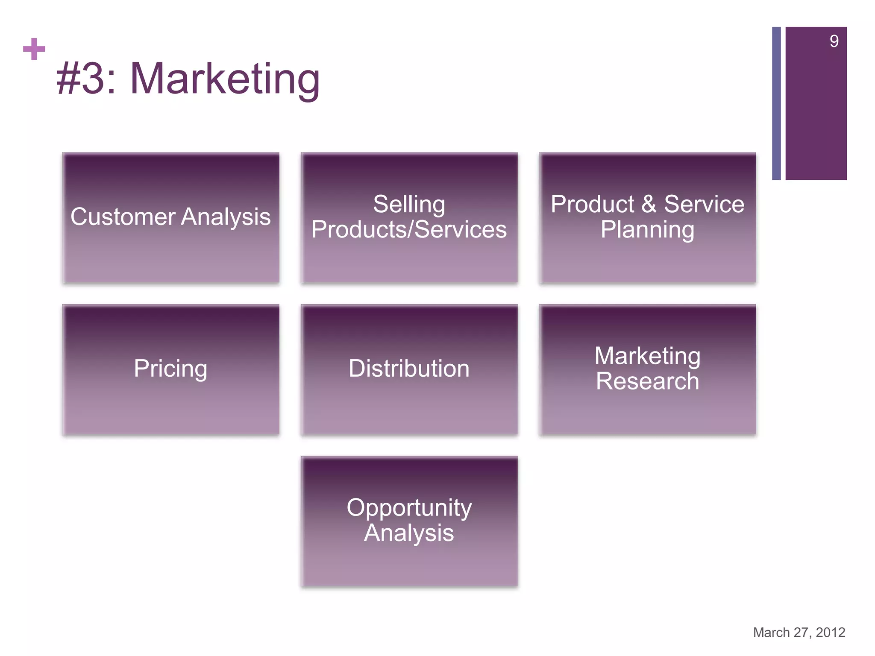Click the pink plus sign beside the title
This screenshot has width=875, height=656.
point(34,49)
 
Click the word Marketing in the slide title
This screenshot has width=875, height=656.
point(225,79)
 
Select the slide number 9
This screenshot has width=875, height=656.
point(834,41)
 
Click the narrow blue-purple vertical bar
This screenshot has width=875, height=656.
point(776,103)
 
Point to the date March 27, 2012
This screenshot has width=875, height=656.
point(799,632)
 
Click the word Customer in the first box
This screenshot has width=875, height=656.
point(123,217)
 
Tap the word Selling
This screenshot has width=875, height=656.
point(409,204)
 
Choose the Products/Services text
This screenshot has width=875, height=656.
point(409,230)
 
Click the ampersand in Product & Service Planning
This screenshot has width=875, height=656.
point(649,204)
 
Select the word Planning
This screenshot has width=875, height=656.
point(647,230)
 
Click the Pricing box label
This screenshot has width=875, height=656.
point(170,368)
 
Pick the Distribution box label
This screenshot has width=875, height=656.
point(409,368)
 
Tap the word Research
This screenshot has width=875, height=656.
point(647,381)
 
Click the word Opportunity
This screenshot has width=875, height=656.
point(409,508)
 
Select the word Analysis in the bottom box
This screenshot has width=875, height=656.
point(409,533)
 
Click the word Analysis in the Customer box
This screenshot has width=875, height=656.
point(226,217)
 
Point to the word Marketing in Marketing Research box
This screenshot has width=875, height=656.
point(647,356)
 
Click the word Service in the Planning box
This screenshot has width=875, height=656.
point(704,204)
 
